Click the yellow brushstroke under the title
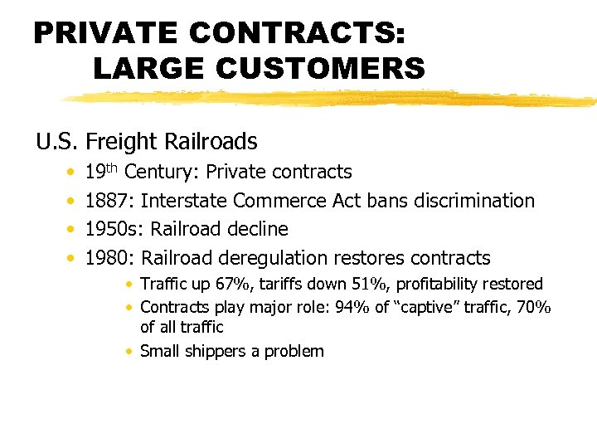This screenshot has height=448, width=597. [332, 99]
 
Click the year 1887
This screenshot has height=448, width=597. [109, 201]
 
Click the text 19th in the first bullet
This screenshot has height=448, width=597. [102, 172]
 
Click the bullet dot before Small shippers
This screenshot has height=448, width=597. [130, 351]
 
